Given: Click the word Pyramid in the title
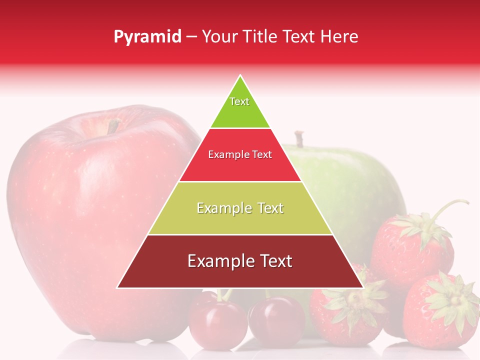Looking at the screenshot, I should pos(147,37).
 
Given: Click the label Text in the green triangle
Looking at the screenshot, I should pos(239,101).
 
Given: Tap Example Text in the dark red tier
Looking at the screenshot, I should pos(240,261).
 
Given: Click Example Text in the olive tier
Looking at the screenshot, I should pos(240,208).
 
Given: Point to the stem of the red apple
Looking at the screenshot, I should pos(113,126).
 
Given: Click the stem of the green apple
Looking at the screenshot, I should pos(299,138).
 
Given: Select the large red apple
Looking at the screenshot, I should pos(95,220).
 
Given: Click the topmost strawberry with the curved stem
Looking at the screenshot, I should pos(412,245).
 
